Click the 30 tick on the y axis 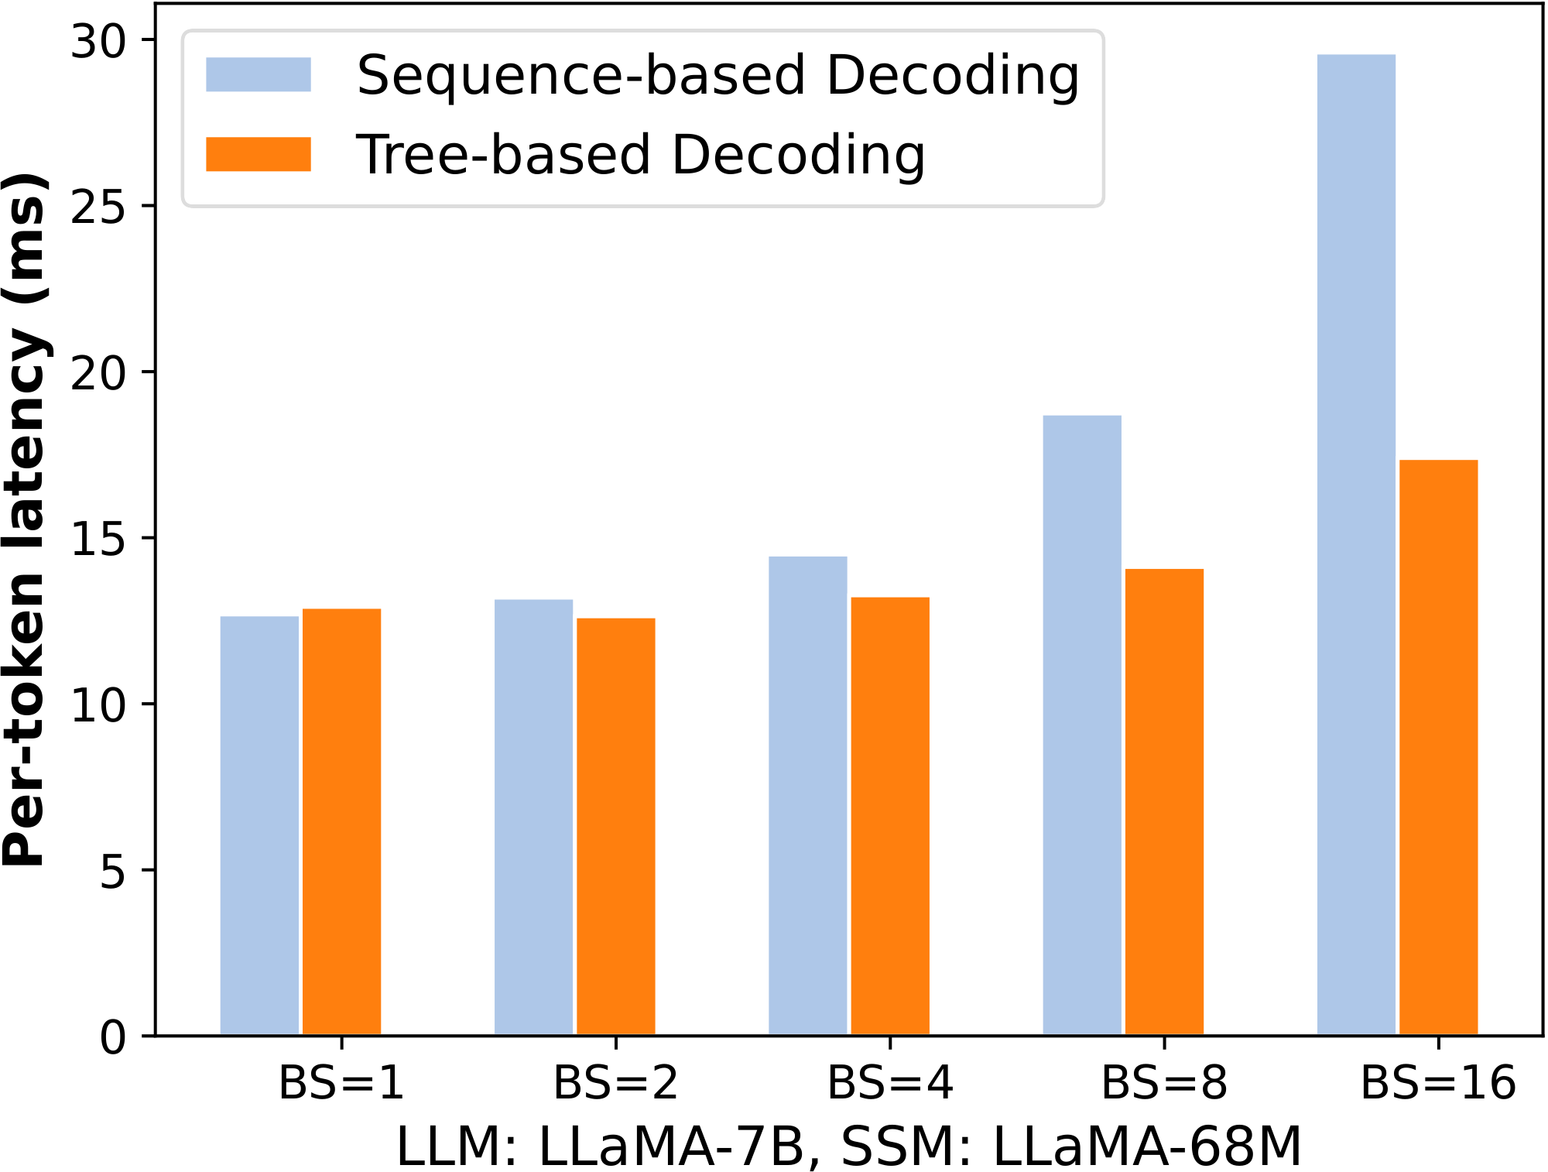pyautogui.click(x=98, y=40)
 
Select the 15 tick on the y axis pyautogui.click(x=98, y=538)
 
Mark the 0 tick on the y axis pyautogui.click(x=112, y=1037)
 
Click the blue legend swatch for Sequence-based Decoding pyautogui.click(x=258, y=74)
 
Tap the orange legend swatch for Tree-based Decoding pyautogui.click(x=258, y=154)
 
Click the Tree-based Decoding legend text pyautogui.click(x=640, y=155)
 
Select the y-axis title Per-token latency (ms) pyautogui.click(x=25, y=519)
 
